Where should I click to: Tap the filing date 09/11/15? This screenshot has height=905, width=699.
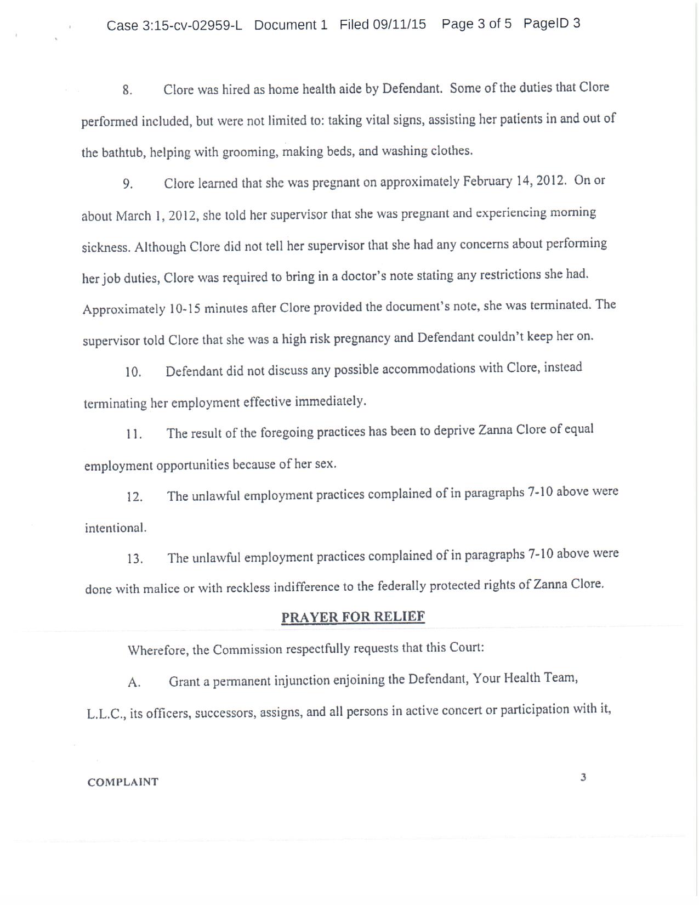click(x=399, y=24)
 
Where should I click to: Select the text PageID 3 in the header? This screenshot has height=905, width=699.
click(x=552, y=23)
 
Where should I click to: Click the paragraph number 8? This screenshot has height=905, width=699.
click(x=127, y=90)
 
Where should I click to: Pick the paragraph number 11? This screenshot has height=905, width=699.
click(x=134, y=434)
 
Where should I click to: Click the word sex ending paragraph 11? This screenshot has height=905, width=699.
click(x=325, y=464)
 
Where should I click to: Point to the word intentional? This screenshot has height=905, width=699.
click(x=115, y=528)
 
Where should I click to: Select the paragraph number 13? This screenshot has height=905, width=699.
click(x=135, y=559)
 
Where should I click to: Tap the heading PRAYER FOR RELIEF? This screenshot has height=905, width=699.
click(x=353, y=616)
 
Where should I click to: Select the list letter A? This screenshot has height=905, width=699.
click(x=134, y=682)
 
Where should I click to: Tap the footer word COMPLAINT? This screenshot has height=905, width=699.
click(x=123, y=782)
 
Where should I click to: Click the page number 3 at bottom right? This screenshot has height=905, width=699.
click(x=583, y=777)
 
